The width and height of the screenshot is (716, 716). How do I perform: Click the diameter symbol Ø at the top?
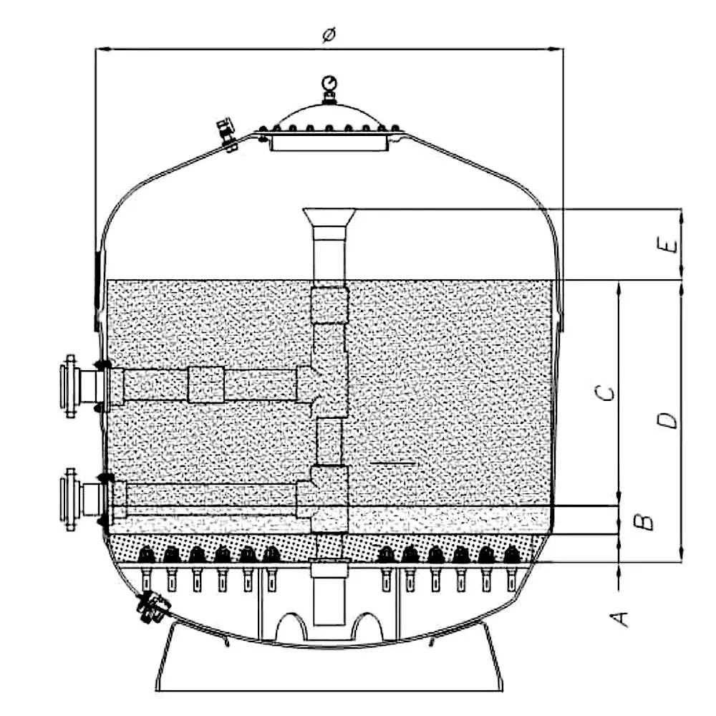(329, 35)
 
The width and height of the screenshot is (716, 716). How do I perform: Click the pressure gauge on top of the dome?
(329, 84)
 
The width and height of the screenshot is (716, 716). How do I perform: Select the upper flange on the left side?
(71, 386)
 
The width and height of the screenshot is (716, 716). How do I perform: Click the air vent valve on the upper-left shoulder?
(227, 134)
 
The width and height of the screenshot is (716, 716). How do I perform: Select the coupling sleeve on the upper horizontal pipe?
(206, 384)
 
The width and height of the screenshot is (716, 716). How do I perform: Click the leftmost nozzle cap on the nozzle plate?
(146, 553)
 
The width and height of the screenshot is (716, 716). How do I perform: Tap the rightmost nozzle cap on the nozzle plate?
(511, 553)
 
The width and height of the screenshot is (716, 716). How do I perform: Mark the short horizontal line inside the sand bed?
(395, 463)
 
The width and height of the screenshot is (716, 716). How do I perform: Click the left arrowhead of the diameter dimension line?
(101, 49)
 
